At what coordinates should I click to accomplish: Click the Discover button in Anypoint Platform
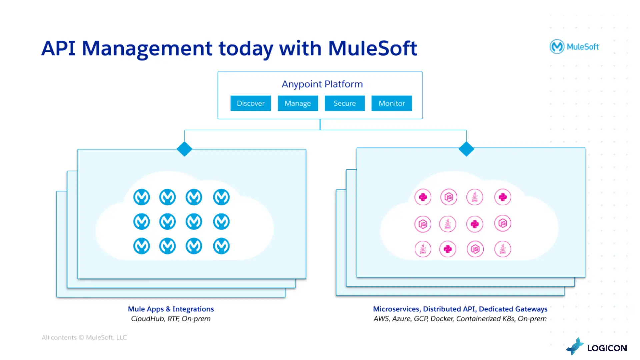point(251,103)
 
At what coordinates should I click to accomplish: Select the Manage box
point(298,103)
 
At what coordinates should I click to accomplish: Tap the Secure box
point(345,103)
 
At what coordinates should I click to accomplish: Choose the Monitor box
point(392,103)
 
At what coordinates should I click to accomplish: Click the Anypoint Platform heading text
point(322,84)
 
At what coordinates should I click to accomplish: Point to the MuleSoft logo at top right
point(574,47)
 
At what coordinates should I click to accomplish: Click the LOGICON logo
point(596,347)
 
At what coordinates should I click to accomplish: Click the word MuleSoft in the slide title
point(372,48)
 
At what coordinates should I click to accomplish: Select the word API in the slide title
point(58,48)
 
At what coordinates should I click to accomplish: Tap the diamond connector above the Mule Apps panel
point(184,149)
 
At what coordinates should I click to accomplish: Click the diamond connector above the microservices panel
point(466,149)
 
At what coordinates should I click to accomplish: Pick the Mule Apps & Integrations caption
point(171,309)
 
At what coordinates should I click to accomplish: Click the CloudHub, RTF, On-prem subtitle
point(171,319)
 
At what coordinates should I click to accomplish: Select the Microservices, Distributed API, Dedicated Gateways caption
point(460,309)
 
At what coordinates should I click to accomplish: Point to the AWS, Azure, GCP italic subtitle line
point(460,319)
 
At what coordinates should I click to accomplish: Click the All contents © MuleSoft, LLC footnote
point(84,337)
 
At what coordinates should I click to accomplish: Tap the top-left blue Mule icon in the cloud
point(141,197)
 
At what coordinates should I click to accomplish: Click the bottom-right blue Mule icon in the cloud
point(221,246)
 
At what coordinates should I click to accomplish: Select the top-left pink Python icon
point(423,197)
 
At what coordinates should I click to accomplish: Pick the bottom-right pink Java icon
point(503,249)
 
